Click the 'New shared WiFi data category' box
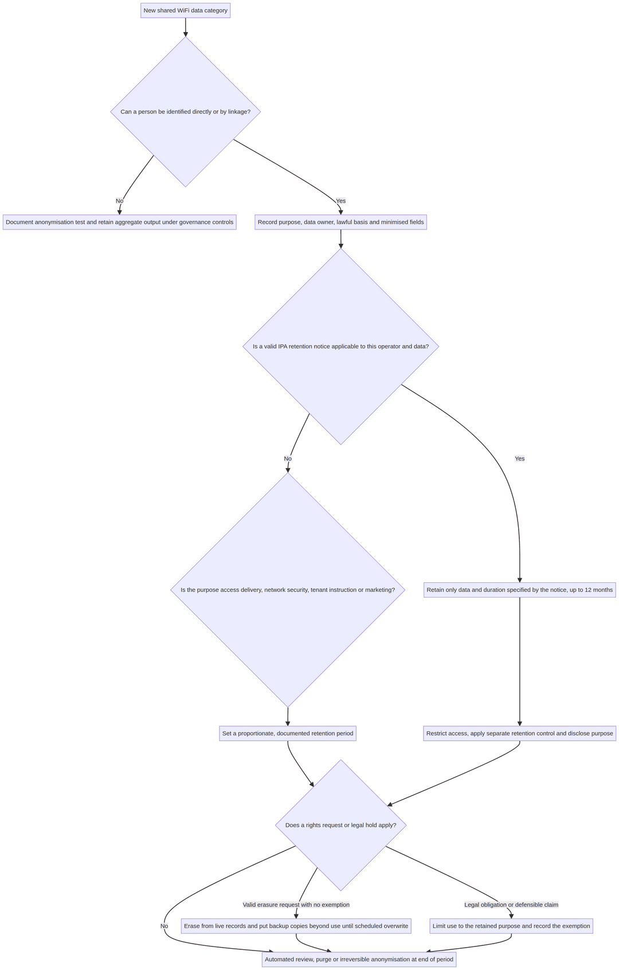pyautogui.click(x=185, y=10)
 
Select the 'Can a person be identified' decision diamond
pyautogui.click(x=185, y=112)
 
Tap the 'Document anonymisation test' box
pyautogui.click(x=119, y=222)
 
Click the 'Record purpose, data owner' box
pyautogui.click(x=340, y=222)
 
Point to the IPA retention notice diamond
pyautogui.click(x=340, y=346)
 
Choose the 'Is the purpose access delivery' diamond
pyautogui.click(x=288, y=590)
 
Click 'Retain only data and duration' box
pyautogui.click(x=519, y=590)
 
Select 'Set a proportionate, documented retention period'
pyautogui.click(x=288, y=734)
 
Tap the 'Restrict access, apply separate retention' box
pyautogui.click(x=519, y=734)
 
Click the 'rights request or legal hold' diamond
pyautogui.click(x=340, y=825)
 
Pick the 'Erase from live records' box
pyautogui.click(x=296, y=926)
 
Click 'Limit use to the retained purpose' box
pyautogui.click(x=511, y=926)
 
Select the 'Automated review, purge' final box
pyautogui.click(x=359, y=960)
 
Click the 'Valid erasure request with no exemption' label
pyautogui.click(x=296, y=905)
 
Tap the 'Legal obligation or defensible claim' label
pyautogui.click(x=511, y=905)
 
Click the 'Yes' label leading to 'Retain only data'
pyautogui.click(x=519, y=458)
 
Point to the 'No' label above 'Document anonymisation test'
pyautogui.click(x=119, y=201)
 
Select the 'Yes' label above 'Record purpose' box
pyautogui.click(x=341, y=201)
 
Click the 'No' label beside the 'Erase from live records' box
pyautogui.click(x=164, y=926)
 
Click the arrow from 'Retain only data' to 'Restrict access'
pyautogui.click(x=519, y=662)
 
